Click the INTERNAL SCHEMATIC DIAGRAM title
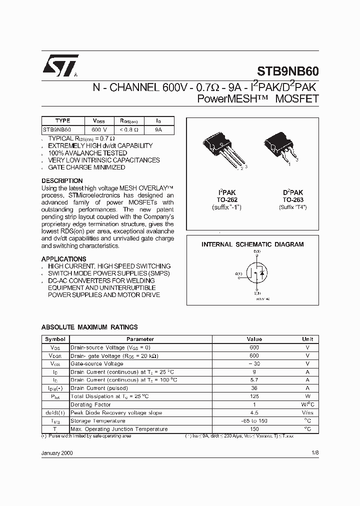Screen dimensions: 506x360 point(252,244)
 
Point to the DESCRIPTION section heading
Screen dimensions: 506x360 point(62,180)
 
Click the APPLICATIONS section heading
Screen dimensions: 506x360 point(63,259)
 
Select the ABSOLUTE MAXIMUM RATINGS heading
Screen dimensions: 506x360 point(89,327)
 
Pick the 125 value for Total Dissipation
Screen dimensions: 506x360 point(254,396)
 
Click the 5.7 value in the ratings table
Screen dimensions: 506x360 point(254,380)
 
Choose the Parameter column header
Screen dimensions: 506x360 point(140,339)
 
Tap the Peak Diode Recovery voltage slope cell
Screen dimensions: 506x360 point(116,413)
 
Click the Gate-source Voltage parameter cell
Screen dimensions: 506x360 point(97,364)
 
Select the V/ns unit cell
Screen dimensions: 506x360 point(307,413)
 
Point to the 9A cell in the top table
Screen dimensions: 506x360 point(158,129)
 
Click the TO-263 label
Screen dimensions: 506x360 point(292,199)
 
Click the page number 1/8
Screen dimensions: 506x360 point(314,452)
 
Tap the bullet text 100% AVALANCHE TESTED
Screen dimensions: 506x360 point(87,152)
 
